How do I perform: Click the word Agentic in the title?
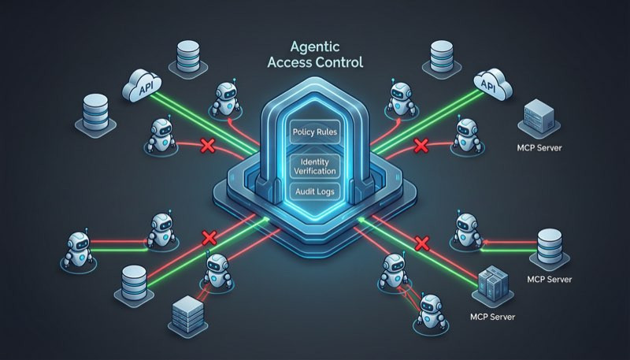315,47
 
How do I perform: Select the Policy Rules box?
315,132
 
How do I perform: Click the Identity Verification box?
315,166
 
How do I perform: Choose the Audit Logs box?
315,191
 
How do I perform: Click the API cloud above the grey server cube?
493,84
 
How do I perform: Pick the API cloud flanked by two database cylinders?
142,86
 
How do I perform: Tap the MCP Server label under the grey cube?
539,148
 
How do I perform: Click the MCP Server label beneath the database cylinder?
549,279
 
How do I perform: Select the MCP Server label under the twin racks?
493,317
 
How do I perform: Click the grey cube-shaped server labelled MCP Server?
539,119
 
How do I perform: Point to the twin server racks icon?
493,286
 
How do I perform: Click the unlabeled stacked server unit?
187,315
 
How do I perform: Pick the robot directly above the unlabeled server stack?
218,270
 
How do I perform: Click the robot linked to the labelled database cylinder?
467,230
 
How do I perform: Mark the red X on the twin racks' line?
422,243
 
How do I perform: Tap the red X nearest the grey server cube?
421,146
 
